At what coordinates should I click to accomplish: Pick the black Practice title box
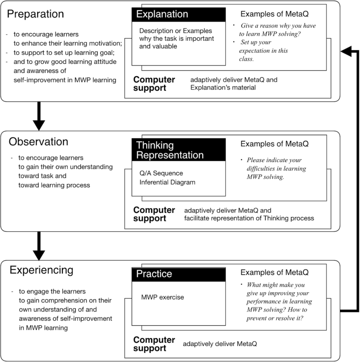[x=179, y=274]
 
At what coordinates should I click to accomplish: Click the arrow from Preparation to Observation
[x=39, y=116]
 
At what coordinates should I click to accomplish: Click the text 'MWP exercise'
[x=162, y=297]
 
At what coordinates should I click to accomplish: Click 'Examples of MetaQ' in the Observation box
[x=275, y=144]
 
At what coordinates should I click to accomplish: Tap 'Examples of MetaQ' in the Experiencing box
[x=275, y=273]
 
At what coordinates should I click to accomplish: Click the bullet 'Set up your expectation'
[x=265, y=50]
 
